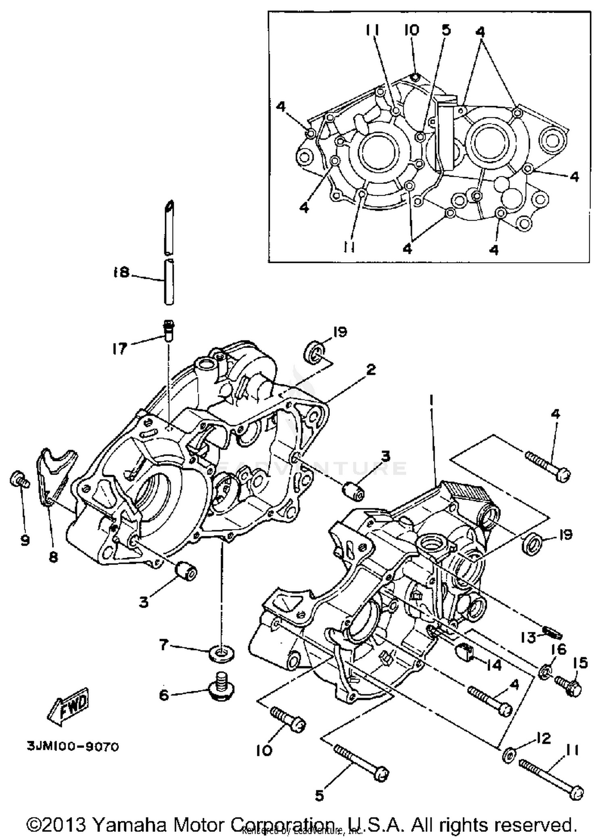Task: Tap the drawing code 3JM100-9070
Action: [73, 747]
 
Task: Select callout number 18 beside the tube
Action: [121, 273]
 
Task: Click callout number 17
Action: [120, 348]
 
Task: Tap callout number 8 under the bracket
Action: [53, 557]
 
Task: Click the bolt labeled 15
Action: [568, 684]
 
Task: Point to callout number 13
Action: [528, 638]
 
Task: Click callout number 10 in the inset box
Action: [412, 30]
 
